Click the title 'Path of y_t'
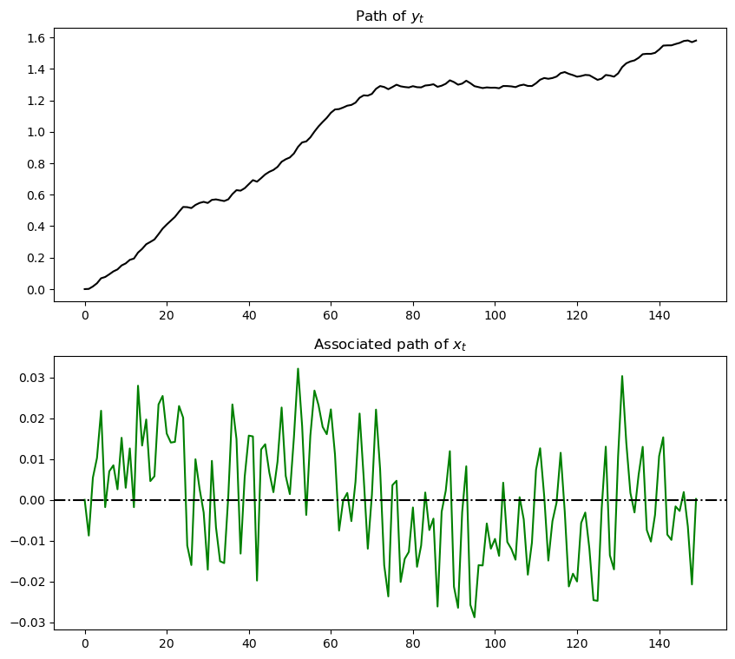click(x=390, y=16)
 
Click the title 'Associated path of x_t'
click(x=390, y=345)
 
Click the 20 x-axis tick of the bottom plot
click(x=167, y=644)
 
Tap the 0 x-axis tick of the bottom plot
click(x=85, y=644)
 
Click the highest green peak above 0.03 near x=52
click(x=298, y=369)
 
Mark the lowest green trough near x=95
click(x=475, y=616)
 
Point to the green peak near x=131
click(x=622, y=376)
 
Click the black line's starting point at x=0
click(x=85, y=289)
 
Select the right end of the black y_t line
click(x=696, y=40)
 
